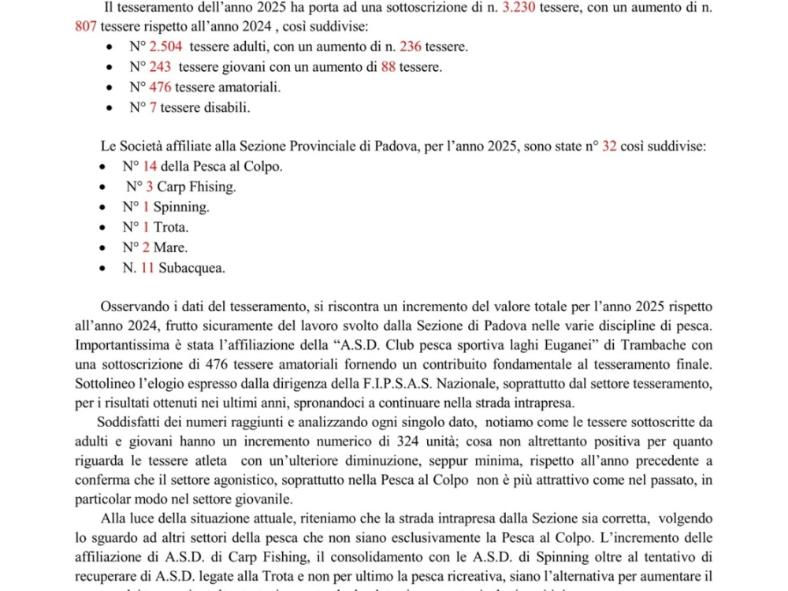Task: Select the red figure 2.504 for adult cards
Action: click(x=166, y=47)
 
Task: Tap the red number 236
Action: click(x=411, y=47)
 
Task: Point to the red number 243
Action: click(x=160, y=67)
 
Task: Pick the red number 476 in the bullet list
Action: click(x=160, y=87)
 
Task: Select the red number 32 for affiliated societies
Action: click(x=609, y=147)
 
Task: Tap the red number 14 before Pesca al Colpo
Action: click(x=149, y=166)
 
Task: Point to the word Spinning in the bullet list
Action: click(x=181, y=207)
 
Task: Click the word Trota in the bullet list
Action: click(x=171, y=228)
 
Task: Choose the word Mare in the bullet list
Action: click(x=170, y=247)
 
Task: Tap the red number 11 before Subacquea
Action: click(x=147, y=268)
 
